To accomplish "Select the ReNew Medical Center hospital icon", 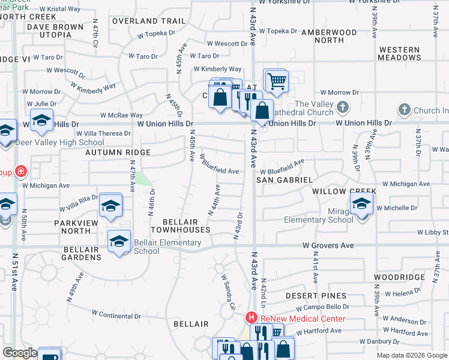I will click(252, 318).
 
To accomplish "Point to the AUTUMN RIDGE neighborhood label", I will click(117, 153).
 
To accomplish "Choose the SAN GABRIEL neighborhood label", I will click(285, 180).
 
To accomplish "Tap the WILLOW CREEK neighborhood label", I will click(344, 191).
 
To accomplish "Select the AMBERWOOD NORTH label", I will click(330, 36).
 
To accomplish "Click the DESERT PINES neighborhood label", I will click(316, 296).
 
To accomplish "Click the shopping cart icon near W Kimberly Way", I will click(276, 80).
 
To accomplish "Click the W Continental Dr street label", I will click(116, 314).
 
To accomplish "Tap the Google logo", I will click(20, 353).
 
